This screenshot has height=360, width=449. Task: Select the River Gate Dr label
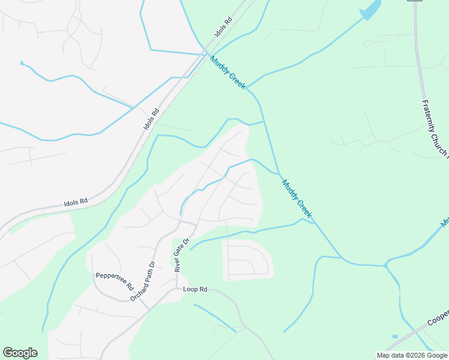(x=182, y=254)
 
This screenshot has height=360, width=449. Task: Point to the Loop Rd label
(x=195, y=289)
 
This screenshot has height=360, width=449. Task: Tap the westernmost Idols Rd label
(x=76, y=202)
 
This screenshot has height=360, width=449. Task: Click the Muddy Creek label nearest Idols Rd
(x=228, y=73)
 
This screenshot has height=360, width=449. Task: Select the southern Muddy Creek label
(x=298, y=199)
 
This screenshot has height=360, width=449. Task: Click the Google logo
(x=20, y=353)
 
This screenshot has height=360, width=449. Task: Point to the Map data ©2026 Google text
(x=412, y=355)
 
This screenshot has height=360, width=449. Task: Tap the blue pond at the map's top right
(x=371, y=9)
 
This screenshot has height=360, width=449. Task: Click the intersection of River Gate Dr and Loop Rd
(x=176, y=290)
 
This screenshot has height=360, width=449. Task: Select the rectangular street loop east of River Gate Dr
(x=248, y=260)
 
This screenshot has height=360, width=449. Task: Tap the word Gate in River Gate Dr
(x=182, y=253)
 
